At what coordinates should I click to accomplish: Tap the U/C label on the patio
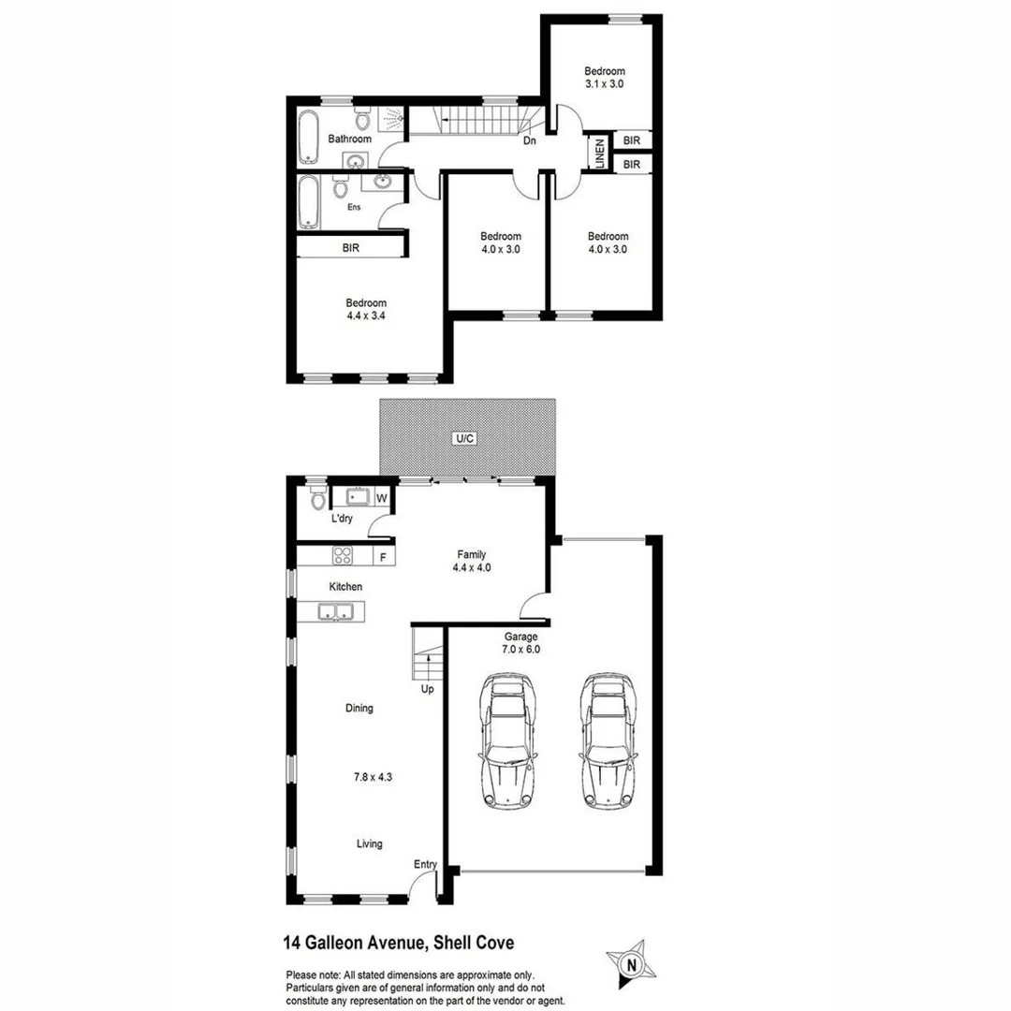tap(465, 438)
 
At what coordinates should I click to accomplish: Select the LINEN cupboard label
tap(597, 153)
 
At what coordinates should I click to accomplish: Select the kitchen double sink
tap(335, 613)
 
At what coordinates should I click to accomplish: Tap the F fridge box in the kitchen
tap(382, 556)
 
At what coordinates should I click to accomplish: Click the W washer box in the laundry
tap(382, 498)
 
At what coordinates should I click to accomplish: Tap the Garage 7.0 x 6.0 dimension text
tap(521, 642)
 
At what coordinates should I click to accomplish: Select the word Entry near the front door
tap(426, 864)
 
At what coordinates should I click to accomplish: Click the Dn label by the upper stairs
tap(529, 141)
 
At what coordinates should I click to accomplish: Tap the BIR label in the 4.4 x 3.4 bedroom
tap(351, 248)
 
